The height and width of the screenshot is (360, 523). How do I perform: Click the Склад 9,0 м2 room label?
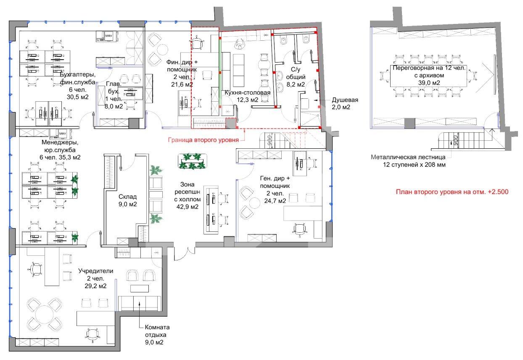[x=127, y=200]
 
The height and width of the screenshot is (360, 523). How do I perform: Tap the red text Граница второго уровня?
[x=203, y=140]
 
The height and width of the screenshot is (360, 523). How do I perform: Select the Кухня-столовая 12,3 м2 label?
[x=248, y=96]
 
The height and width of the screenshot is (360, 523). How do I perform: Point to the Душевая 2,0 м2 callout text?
[x=345, y=104]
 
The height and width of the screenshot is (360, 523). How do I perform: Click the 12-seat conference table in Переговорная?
[x=429, y=76]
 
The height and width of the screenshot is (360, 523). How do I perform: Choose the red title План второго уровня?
[x=452, y=192]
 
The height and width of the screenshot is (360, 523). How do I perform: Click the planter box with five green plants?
[x=192, y=161]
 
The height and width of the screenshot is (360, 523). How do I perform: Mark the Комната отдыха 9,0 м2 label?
[x=157, y=335]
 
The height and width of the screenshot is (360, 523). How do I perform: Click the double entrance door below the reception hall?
[x=185, y=254]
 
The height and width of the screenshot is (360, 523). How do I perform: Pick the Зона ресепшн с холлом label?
[x=187, y=195]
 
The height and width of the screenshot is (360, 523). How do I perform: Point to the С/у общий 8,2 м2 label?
[x=296, y=77]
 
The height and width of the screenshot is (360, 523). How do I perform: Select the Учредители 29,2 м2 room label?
[x=96, y=279]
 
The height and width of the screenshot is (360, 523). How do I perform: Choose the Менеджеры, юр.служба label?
[x=60, y=150]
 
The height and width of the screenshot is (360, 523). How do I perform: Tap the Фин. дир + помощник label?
[x=182, y=73]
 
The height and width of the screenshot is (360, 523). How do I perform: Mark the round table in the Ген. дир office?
[x=255, y=203]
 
